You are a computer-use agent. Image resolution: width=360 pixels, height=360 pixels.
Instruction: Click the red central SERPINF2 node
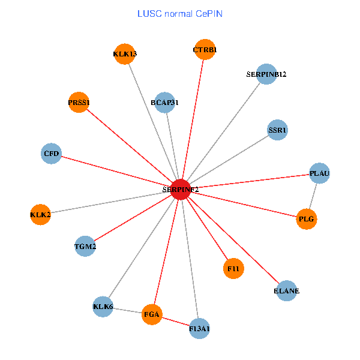click(x=181, y=189)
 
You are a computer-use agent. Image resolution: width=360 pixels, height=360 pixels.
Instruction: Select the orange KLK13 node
click(x=124, y=54)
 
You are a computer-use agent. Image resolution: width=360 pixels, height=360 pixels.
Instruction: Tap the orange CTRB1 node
click(x=205, y=50)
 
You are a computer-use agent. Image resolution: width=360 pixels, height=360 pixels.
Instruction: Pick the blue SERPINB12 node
click(x=266, y=74)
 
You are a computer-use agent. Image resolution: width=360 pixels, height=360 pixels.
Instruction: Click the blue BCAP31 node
click(x=164, y=103)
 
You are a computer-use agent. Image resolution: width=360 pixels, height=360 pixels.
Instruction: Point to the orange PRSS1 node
click(x=79, y=103)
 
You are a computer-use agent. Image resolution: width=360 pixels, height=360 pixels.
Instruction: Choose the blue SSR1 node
click(x=277, y=130)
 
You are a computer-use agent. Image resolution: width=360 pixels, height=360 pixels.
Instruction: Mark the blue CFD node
click(x=52, y=154)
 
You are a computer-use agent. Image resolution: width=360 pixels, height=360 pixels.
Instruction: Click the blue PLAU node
click(x=319, y=174)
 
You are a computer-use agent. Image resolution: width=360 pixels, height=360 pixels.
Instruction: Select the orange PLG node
click(x=306, y=219)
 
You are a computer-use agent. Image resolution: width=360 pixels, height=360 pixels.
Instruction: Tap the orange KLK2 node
click(x=40, y=214)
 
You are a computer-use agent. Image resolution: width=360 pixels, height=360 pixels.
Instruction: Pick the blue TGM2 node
click(x=85, y=246)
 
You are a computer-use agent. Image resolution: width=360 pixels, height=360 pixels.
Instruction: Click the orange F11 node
click(x=233, y=269)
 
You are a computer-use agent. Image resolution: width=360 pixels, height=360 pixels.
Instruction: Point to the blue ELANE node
click(x=286, y=291)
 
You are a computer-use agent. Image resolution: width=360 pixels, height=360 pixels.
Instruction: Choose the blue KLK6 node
click(x=103, y=307)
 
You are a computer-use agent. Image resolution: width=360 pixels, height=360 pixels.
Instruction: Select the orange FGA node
click(x=152, y=314)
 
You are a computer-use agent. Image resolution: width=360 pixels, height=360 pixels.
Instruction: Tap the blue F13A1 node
click(x=199, y=328)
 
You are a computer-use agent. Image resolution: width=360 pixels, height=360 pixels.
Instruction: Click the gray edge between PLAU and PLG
click(x=313, y=197)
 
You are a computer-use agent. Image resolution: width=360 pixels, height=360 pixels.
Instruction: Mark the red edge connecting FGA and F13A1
click(x=175, y=321)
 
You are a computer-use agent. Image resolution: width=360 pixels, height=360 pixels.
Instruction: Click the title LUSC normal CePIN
click(x=180, y=13)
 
